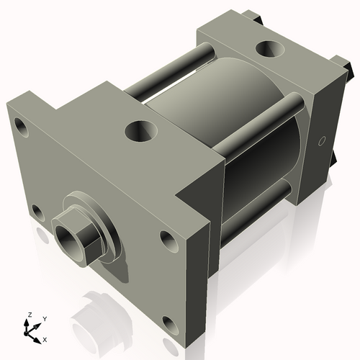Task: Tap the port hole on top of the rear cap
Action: tap(270, 50)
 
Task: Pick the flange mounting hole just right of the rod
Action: tap(168, 240)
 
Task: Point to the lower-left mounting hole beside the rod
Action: tap(36, 212)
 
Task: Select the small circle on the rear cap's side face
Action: tap(322, 140)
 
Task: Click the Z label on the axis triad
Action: tap(29, 315)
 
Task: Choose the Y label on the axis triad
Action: tap(45, 318)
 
